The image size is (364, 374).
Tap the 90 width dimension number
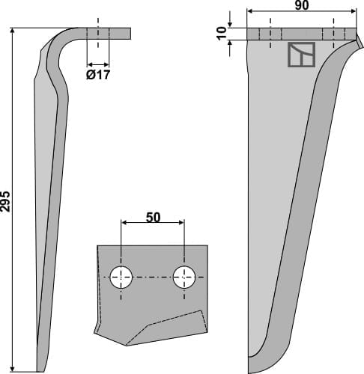(301, 5)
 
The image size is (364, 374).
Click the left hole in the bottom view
(120, 278)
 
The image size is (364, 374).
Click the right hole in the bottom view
(183, 278)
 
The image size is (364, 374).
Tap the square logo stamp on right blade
(301, 55)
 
